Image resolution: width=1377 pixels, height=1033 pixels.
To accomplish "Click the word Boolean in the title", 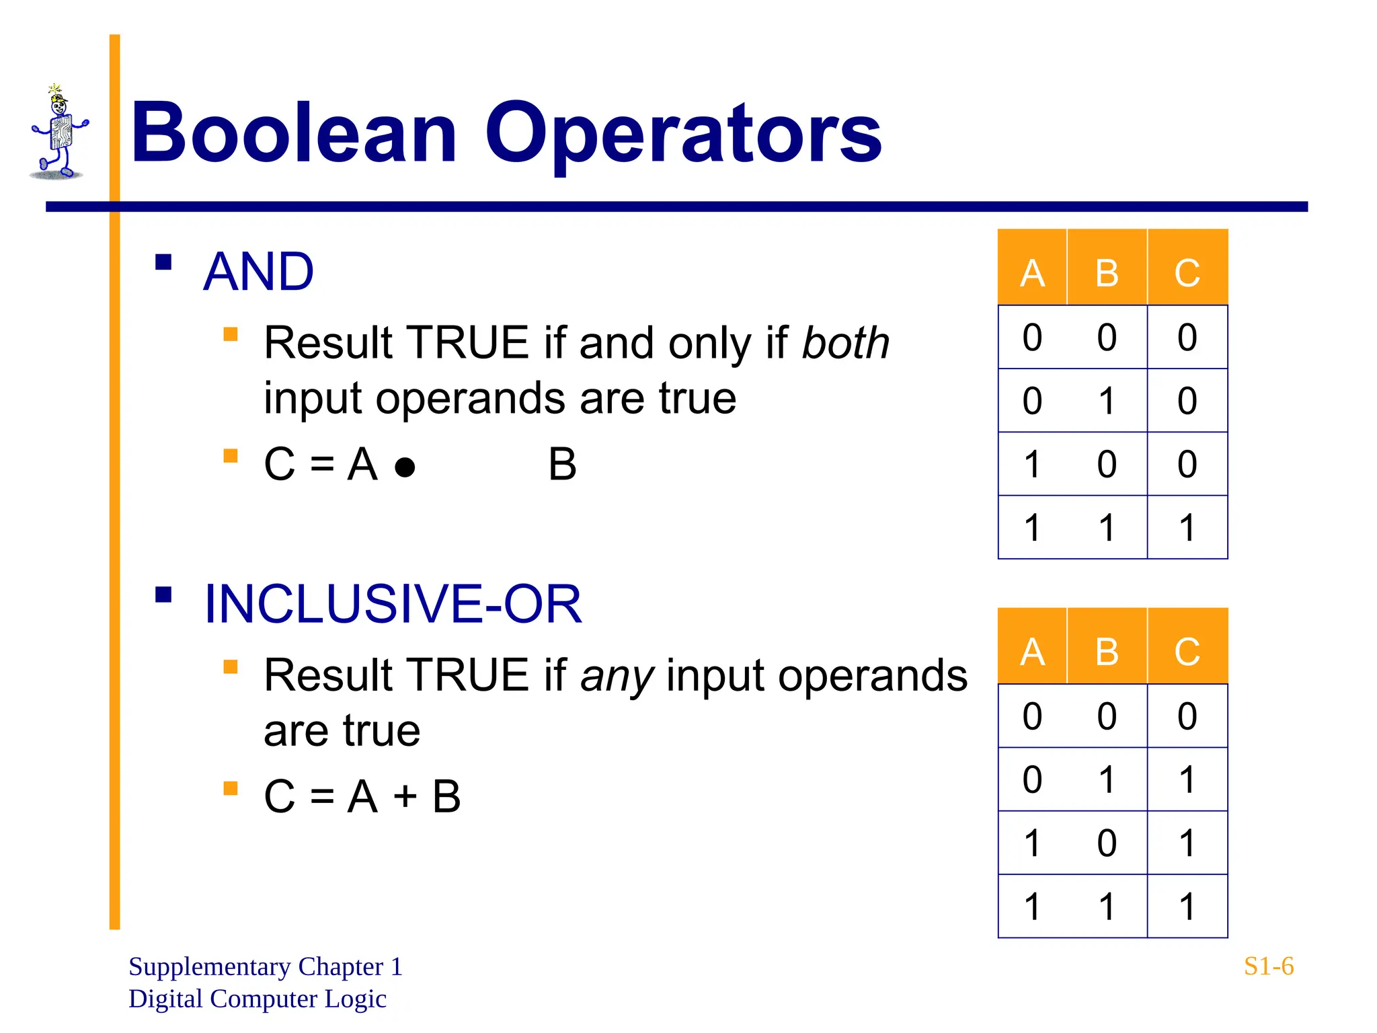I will click(x=294, y=132).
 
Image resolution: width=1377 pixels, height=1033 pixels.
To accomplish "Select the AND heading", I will click(x=258, y=272).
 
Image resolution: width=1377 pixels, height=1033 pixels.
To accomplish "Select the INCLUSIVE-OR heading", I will click(x=393, y=604).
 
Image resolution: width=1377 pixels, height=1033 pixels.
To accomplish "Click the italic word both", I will click(x=846, y=343).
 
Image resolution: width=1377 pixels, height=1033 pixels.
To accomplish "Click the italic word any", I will click(x=617, y=676).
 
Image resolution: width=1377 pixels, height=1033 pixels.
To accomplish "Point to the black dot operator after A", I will click(x=405, y=467).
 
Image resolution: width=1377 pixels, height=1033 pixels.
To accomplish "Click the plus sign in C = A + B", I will click(x=405, y=797).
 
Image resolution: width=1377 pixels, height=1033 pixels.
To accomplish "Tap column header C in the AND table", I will click(x=1187, y=273).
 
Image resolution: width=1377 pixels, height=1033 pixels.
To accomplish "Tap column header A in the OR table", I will click(x=1032, y=652).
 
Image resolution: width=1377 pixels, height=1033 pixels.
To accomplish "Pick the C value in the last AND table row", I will click(x=1187, y=527).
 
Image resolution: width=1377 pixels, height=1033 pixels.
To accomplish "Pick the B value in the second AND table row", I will click(x=1107, y=401).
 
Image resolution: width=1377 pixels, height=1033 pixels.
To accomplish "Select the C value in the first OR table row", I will click(x=1187, y=716).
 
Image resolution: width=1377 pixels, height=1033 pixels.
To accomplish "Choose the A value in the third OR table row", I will click(x=1032, y=843).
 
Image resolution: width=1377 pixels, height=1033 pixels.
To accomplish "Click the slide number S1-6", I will click(x=1268, y=966).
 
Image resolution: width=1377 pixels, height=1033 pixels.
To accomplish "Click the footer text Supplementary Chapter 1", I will click(x=265, y=966).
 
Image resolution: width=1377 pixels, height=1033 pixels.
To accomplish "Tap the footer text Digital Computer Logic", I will click(x=257, y=999).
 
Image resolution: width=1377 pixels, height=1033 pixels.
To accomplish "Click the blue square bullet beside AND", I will click(x=163, y=262).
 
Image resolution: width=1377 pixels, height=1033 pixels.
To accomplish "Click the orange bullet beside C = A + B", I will click(x=231, y=788).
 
